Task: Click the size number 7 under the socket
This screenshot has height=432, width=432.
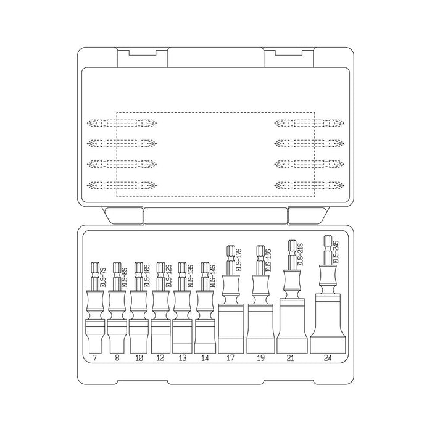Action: [94, 357]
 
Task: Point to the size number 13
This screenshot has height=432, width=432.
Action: [183, 357]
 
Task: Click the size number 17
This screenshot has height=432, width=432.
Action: [230, 357]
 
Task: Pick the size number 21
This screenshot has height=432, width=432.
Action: [291, 357]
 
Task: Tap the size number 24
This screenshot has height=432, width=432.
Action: [326, 357]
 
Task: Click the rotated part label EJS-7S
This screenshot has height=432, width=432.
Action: [102, 276]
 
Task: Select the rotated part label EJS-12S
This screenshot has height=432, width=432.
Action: [168, 276]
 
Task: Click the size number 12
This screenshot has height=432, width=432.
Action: [160, 357]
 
